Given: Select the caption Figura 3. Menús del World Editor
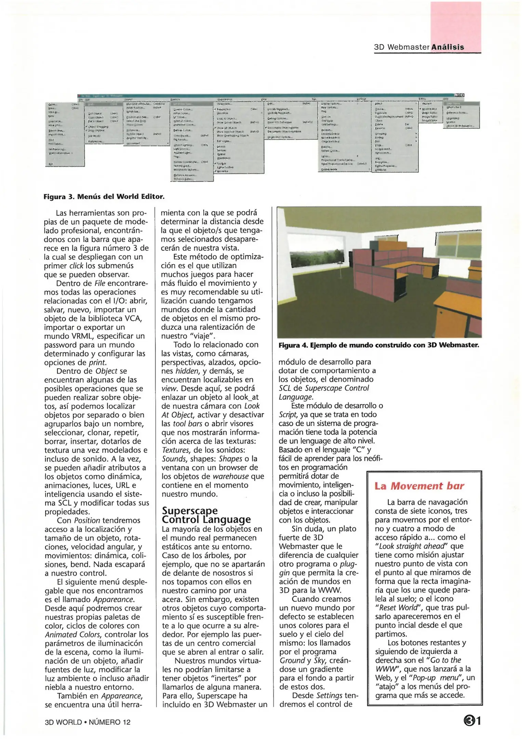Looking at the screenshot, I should [104, 196].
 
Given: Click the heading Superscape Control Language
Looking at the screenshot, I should [206, 515].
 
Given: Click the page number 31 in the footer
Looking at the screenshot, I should [472, 721].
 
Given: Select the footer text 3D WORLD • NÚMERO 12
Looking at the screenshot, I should [88, 722].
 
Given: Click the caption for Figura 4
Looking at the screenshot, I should [378, 345].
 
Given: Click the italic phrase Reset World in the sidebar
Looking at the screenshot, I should [399, 608].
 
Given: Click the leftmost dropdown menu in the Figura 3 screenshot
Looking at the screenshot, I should [65, 133].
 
